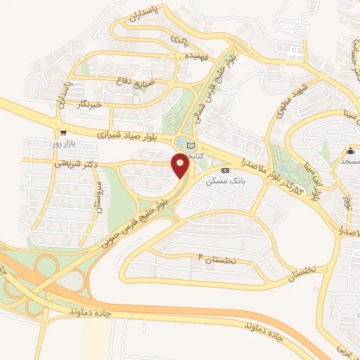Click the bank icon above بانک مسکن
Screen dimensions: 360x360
pos(225,170)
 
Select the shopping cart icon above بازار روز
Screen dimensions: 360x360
pos(64,133)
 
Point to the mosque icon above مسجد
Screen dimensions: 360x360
pos(349,150)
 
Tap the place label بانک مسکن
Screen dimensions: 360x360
pos(224,181)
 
